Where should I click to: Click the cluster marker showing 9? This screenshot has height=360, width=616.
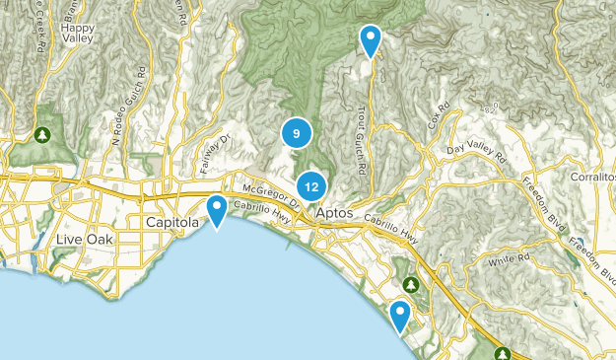click(x=296, y=132)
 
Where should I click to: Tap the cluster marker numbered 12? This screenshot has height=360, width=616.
click(x=311, y=184)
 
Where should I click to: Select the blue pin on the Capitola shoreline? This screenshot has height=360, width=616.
click(x=217, y=208)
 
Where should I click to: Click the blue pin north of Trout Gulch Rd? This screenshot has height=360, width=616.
click(x=371, y=39)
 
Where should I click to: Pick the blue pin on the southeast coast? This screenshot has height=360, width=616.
click(x=400, y=315)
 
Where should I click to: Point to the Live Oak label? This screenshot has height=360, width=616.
click(x=85, y=240)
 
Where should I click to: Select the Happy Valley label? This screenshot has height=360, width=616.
click(x=76, y=34)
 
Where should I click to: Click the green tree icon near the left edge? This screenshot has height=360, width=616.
click(x=42, y=133)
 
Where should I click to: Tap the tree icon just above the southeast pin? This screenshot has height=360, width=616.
click(x=411, y=284)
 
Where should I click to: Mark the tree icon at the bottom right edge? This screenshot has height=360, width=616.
click(x=503, y=352)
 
